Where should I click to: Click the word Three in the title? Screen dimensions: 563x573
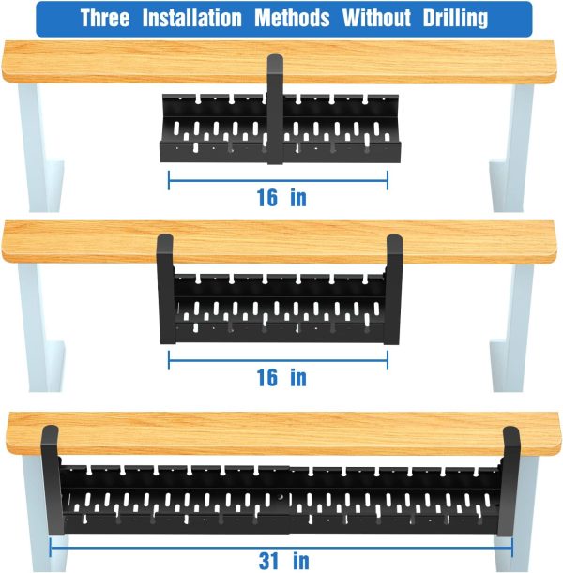tap(105, 18)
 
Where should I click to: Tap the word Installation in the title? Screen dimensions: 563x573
tap(192, 18)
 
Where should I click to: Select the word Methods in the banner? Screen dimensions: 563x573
tap(292, 18)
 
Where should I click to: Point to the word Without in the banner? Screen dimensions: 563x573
tap(376, 18)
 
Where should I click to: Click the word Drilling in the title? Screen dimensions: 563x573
tap(455, 18)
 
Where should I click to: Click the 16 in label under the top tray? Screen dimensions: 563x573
tap(281, 198)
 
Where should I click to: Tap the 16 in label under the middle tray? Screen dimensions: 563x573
tap(281, 378)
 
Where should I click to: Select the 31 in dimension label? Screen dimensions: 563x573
tap(283, 561)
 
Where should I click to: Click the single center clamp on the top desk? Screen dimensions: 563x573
tap(275, 109)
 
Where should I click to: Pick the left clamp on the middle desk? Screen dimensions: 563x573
tap(165, 289)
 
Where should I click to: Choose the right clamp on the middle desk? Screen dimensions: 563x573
tap(393, 290)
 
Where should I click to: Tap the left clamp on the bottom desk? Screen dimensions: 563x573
tap(52, 480)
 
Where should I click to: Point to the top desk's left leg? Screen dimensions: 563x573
tap(41, 147)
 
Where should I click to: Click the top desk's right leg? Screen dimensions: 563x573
tap(511, 147)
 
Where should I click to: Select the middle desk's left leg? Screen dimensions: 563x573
tap(41, 327)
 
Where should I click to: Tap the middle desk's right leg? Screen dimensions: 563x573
tap(511, 327)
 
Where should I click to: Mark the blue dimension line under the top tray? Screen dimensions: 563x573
tap(278, 180)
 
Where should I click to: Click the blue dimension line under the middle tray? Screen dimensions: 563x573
tap(278, 360)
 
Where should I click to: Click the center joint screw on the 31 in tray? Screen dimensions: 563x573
tap(281, 497)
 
